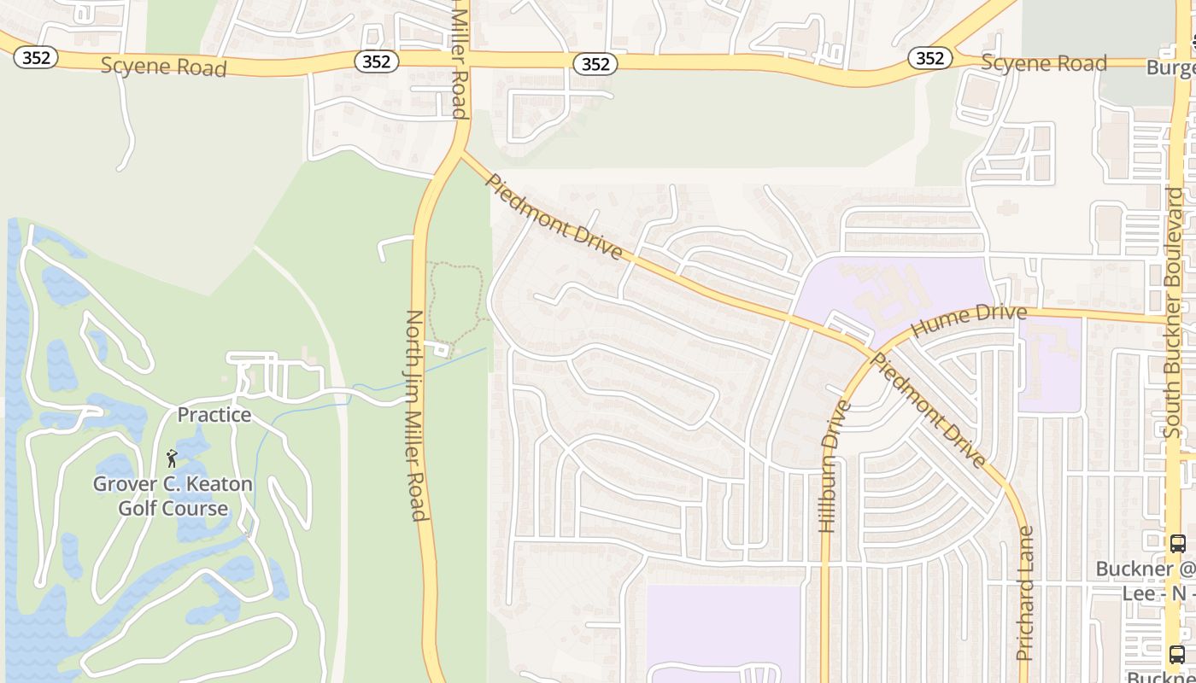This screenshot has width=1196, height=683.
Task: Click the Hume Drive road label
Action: (969, 318)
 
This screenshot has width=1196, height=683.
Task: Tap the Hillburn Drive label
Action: (832, 467)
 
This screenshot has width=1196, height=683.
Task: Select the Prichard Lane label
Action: (1025, 593)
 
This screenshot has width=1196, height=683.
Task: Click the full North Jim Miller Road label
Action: (414, 415)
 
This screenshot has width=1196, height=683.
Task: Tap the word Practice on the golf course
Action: (214, 415)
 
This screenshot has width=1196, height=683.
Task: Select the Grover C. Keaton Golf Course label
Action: (173, 496)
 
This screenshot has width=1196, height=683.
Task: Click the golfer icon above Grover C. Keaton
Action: (172, 458)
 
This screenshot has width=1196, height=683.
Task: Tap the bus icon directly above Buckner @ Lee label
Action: (1177, 543)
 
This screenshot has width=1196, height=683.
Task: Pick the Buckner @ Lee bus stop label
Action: (1145, 580)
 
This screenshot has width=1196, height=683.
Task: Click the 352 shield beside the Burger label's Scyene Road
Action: (929, 58)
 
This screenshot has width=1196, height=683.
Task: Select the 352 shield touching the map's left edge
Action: (35, 57)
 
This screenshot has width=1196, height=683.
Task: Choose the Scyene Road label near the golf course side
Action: (163, 67)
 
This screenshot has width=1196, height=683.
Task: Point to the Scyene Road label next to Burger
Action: (1043, 62)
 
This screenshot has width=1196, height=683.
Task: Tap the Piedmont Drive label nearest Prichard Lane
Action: (928, 410)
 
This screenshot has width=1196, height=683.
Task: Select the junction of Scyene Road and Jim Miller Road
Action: (462, 60)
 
